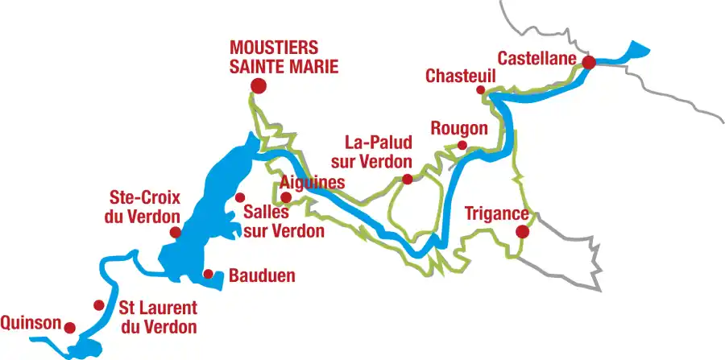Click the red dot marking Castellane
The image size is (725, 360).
(x=589, y=62)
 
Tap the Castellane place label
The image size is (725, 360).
(x=536, y=59)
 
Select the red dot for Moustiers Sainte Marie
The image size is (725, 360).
(x=258, y=85)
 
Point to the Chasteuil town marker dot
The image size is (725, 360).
(x=481, y=90)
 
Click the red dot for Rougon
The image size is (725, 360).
(x=462, y=145)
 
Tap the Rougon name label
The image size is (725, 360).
(x=459, y=129)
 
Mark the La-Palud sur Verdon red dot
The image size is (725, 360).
(x=408, y=180)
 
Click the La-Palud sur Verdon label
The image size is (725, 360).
(x=378, y=151)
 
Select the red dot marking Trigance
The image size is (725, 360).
(x=522, y=232)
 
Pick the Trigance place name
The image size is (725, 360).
(x=497, y=214)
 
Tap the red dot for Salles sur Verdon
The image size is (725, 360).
(x=239, y=197)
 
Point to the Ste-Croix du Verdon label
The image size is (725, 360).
(x=145, y=206)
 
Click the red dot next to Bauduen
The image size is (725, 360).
(x=208, y=274)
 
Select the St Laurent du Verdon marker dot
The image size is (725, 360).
(x=98, y=305)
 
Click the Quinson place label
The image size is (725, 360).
(x=31, y=323)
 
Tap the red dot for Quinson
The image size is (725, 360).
(x=70, y=328)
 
